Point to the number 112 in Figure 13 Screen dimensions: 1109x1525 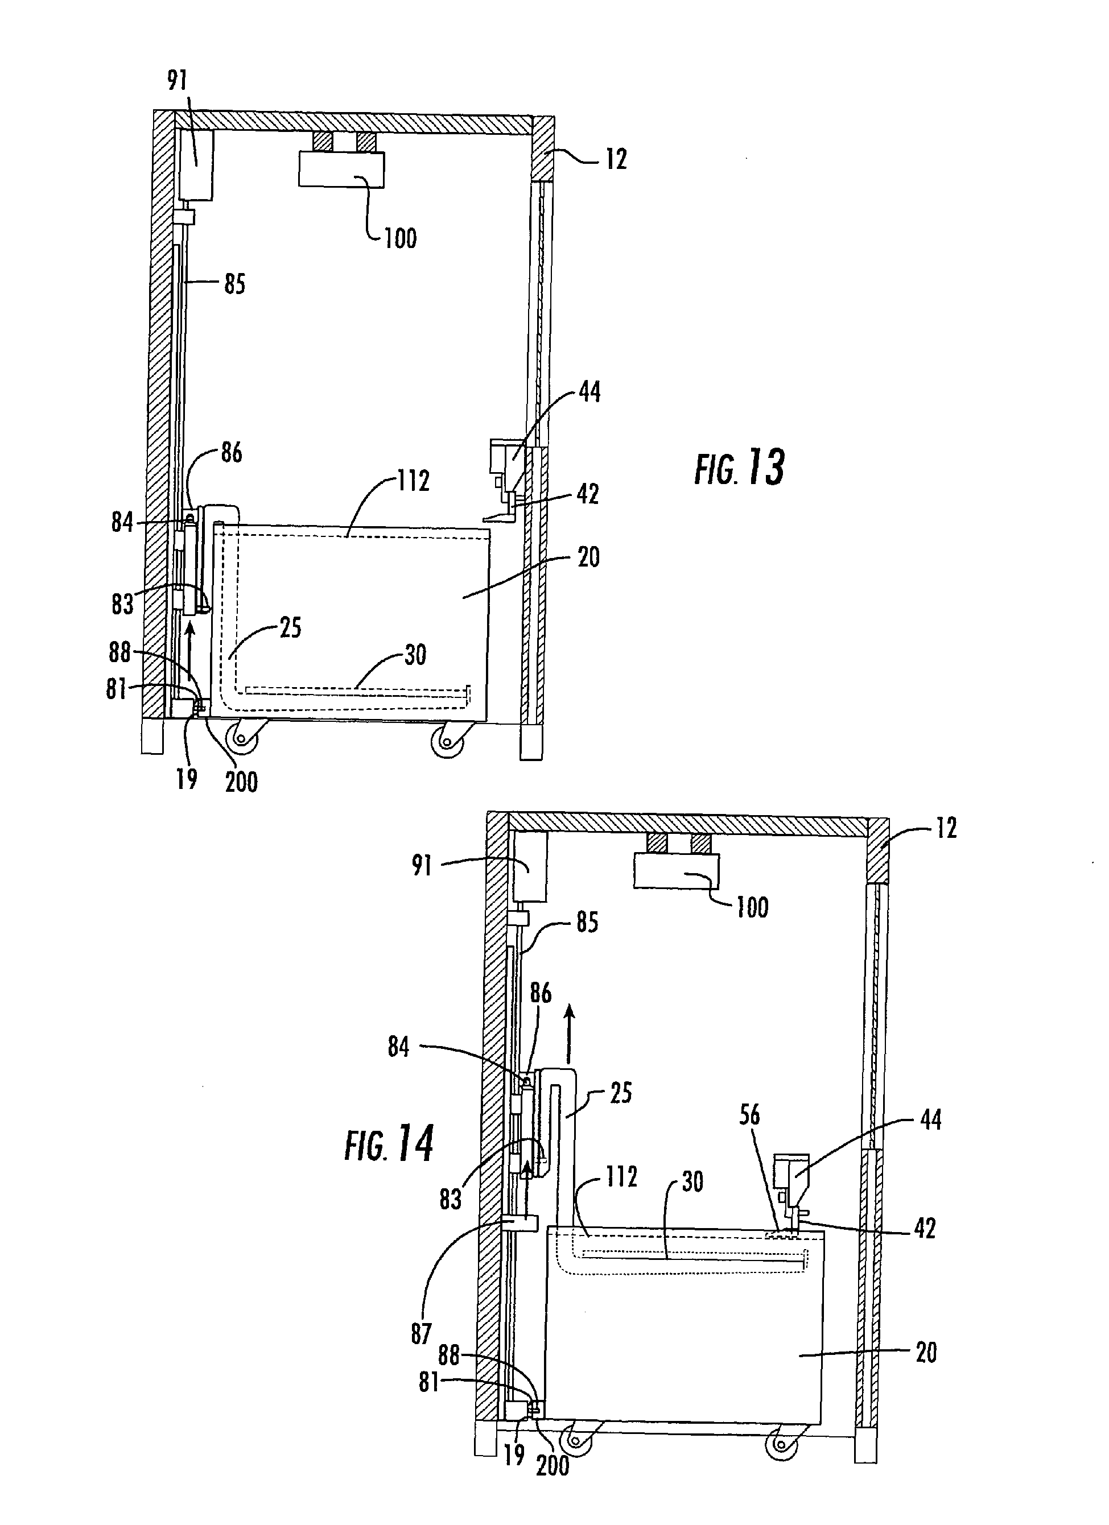tap(413, 481)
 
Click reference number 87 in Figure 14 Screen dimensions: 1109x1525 tap(421, 1334)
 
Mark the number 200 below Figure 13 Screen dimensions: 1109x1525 tap(241, 782)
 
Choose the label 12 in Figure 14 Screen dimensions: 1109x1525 tap(946, 828)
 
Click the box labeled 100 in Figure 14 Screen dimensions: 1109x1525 tap(677, 871)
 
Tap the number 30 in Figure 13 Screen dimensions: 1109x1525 tap(415, 655)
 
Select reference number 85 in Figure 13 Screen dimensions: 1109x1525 tap(234, 284)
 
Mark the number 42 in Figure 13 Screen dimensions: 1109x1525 tap(588, 494)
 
